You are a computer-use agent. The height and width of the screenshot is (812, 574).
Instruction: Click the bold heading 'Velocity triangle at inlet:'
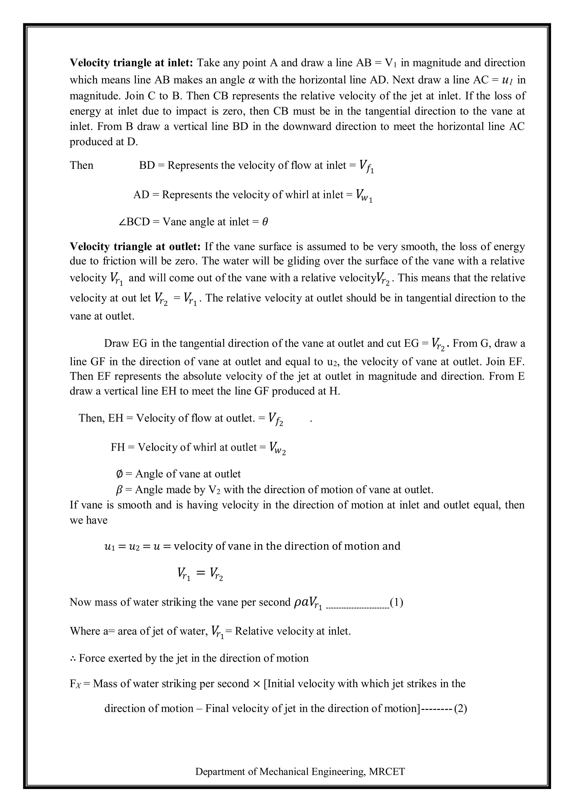(131, 63)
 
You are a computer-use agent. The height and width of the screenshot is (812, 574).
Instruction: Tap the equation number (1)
(396, 602)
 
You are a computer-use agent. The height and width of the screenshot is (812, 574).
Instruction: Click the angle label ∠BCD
(134, 222)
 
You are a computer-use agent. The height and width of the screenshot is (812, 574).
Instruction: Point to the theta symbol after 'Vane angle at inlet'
(265, 222)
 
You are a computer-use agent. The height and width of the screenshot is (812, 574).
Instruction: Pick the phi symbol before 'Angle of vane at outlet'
(119, 474)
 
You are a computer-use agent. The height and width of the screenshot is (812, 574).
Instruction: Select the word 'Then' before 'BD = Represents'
(81, 165)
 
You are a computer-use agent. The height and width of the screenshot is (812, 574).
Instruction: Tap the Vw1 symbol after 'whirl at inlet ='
(364, 196)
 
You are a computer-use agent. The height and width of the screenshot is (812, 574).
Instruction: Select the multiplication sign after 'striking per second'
(257, 684)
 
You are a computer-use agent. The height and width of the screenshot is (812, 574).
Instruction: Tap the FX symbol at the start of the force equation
(75, 684)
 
